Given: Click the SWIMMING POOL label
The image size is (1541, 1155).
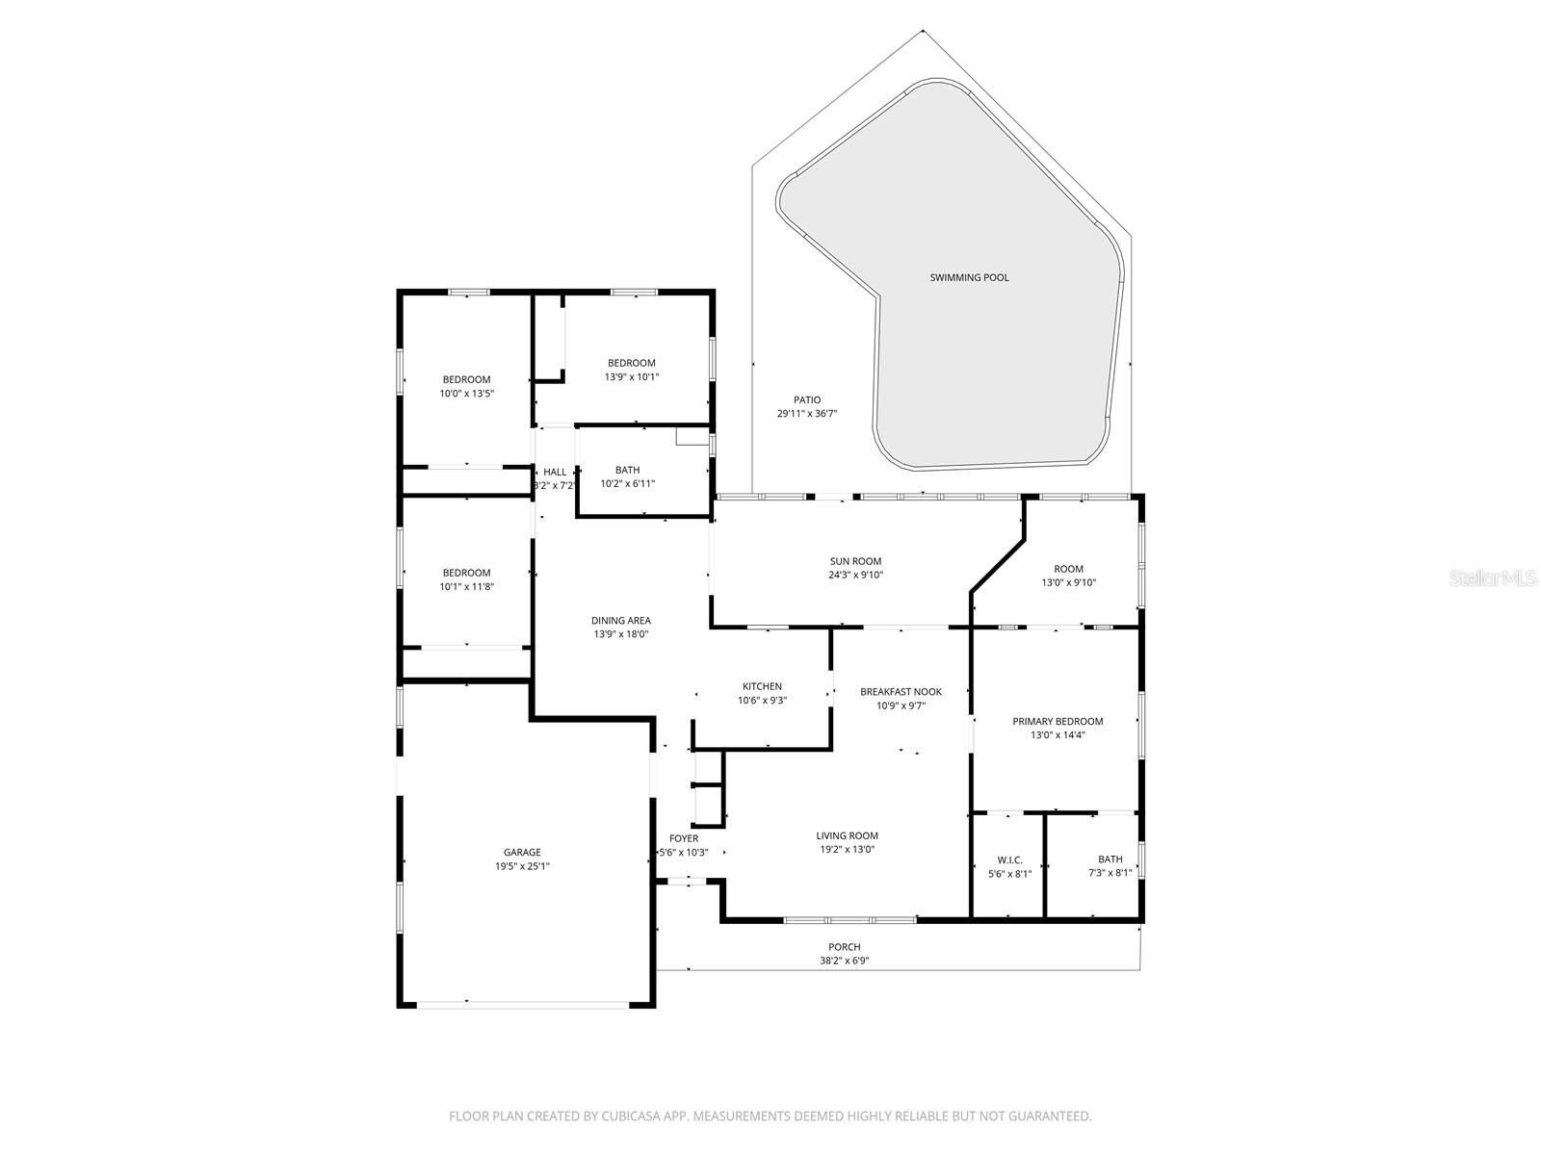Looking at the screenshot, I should click(969, 278).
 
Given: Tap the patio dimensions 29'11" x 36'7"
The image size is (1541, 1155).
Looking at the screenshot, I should click(807, 414).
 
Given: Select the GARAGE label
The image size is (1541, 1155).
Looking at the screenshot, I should click(522, 852).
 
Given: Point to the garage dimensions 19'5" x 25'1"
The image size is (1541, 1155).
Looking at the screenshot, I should click(522, 866).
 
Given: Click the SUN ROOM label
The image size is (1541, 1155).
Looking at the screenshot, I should click(855, 561).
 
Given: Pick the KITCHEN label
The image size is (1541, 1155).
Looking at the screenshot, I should click(762, 686).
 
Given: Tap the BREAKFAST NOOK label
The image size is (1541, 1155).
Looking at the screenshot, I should click(901, 692).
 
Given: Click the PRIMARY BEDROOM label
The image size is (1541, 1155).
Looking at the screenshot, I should click(1058, 721).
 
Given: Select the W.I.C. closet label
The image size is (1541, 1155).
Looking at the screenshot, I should click(1009, 860).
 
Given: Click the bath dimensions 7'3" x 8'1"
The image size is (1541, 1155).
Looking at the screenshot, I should click(1110, 874).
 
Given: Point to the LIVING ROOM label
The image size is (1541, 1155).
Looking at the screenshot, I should click(847, 835).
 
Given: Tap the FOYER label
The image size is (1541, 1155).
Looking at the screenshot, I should click(684, 838).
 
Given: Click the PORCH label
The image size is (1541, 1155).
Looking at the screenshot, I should click(844, 947).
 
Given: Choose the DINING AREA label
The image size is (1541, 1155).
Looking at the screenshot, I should click(620, 621).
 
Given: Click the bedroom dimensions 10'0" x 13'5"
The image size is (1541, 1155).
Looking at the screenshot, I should click(466, 394).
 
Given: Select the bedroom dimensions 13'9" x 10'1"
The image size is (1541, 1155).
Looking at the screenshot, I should click(631, 377).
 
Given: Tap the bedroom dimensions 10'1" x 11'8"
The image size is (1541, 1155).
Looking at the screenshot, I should click(466, 586).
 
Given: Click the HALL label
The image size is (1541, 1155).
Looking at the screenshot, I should click(555, 472).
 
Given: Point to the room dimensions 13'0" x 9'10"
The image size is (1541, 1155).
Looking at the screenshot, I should click(1068, 582).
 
